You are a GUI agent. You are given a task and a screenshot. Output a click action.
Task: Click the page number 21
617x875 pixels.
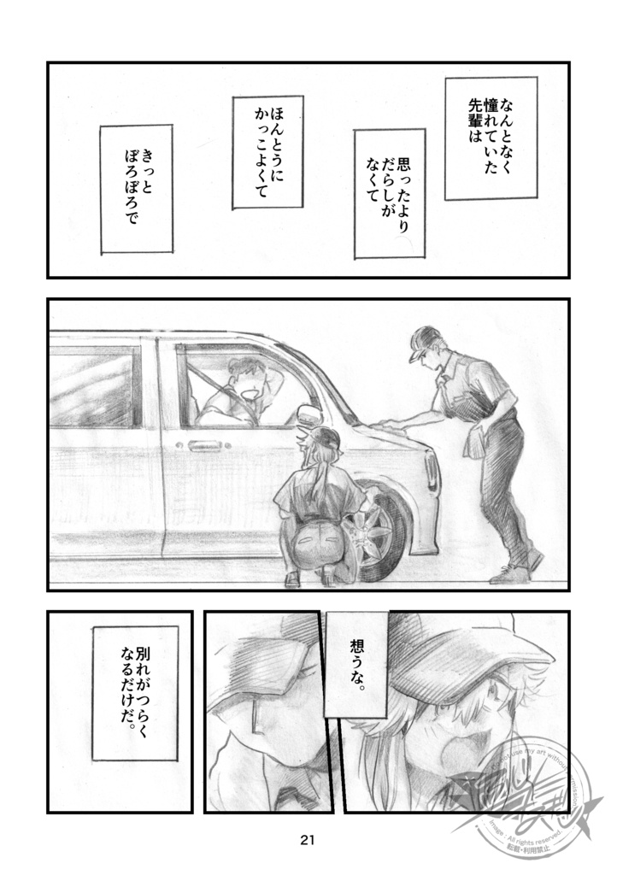coord(308,840)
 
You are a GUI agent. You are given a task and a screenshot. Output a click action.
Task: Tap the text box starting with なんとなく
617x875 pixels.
coord(489,138)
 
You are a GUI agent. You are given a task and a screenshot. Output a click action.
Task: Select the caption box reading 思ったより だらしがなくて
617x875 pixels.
coord(390,194)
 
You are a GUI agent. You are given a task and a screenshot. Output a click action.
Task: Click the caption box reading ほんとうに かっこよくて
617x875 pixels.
coord(267,152)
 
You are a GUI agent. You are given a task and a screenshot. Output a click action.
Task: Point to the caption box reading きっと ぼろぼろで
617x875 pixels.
coord(136,189)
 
